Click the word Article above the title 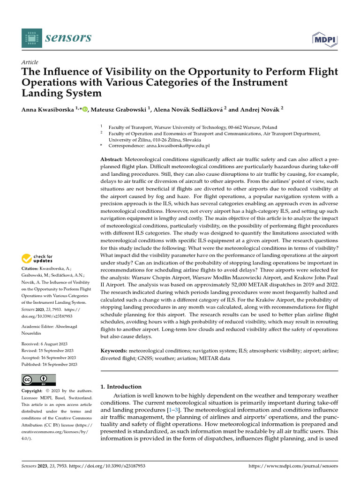tap(30, 62)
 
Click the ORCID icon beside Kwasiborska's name tap(85, 110)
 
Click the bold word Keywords tap(114, 351)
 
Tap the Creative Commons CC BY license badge tap(39, 380)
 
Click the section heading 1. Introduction tap(121, 387)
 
